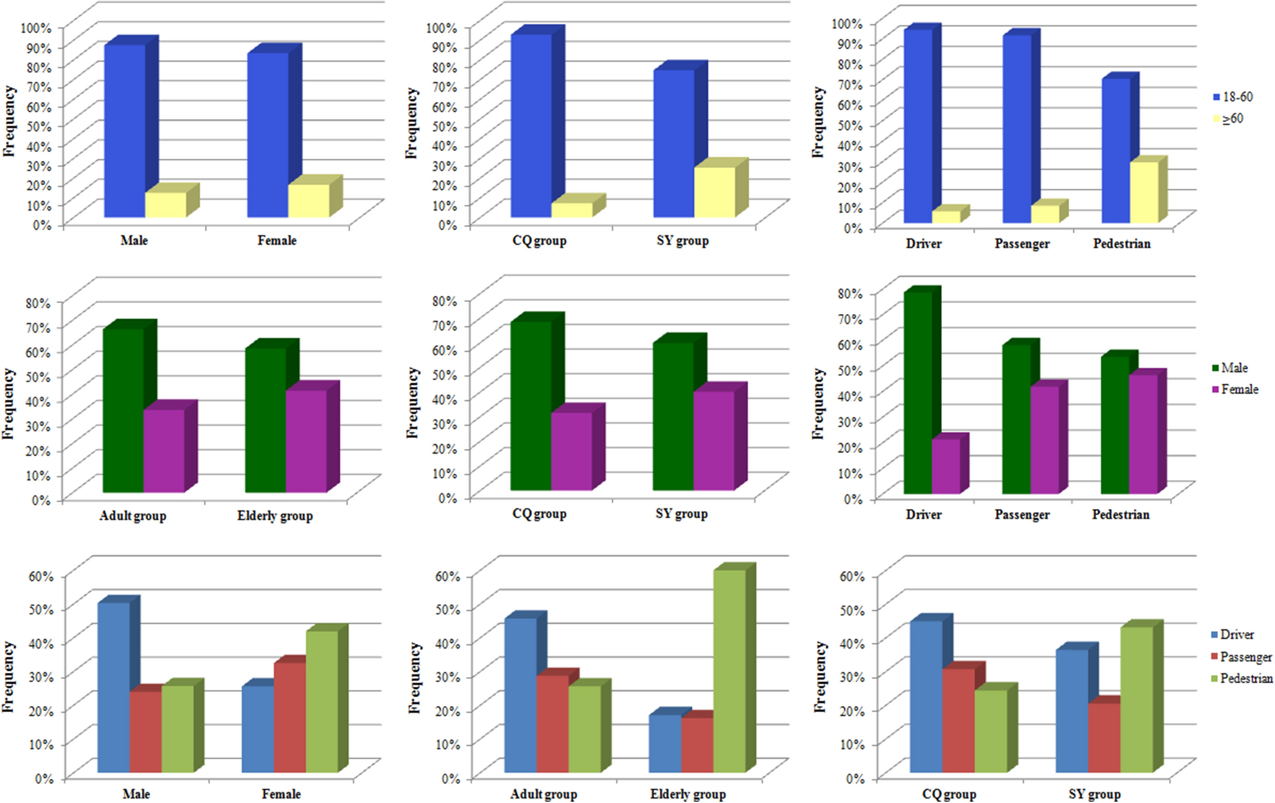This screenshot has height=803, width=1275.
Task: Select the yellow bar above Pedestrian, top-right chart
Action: pos(1144,192)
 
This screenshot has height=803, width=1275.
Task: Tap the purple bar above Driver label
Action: pos(946,466)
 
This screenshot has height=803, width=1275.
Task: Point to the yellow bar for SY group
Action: pos(714,192)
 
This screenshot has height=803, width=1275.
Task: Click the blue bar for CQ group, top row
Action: pos(531,125)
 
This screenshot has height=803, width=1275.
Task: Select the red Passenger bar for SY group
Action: pos(1104,737)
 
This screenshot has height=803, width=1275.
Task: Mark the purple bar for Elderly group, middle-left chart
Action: pos(306,441)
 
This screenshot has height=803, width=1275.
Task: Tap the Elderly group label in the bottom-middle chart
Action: pos(688,794)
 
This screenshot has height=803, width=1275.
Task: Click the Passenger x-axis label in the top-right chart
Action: pos(1021,244)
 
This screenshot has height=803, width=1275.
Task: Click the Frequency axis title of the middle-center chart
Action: pos(412,402)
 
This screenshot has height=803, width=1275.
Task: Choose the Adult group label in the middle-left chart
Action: pos(132,516)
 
